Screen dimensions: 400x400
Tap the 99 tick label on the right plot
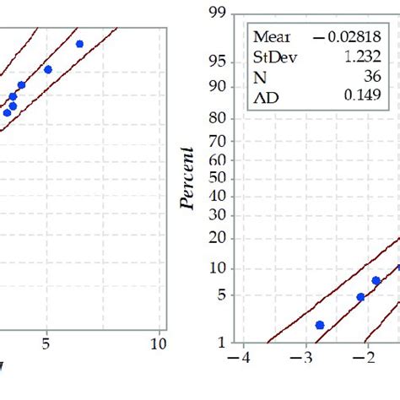(x=219, y=12)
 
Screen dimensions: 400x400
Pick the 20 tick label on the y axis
(x=219, y=239)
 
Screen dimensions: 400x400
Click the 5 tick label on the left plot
(x=46, y=344)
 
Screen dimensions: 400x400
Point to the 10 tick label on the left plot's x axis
(x=158, y=344)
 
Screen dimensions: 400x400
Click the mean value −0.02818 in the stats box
(x=354, y=36)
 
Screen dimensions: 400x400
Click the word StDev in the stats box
(x=273, y=57)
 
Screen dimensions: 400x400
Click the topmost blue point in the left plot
(x=79, y=43)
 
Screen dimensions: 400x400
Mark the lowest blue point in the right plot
(x=320, y=325)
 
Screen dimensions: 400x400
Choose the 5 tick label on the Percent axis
(x=222, y=295)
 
